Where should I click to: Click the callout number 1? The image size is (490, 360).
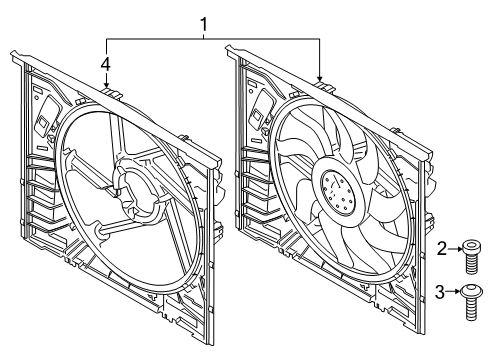click(204, 25)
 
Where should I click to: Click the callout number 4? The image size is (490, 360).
click(106, 64)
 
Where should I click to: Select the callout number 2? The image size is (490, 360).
click(442, 249)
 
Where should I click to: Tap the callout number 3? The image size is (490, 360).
click(440, 292)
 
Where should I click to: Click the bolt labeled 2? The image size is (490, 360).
click(470, 258)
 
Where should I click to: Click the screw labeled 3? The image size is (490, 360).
click(470, 302)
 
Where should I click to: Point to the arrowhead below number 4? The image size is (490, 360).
click(106, 85)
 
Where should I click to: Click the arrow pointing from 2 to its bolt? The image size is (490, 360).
click(455, 249)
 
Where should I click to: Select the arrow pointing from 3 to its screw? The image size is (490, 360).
click(454, 291)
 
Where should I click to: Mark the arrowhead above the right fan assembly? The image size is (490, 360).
click(320, 78)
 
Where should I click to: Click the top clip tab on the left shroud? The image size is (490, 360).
click(112, 92)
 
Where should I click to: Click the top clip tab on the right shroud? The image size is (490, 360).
click(325, 86)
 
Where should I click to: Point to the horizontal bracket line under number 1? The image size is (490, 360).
click(213, 39)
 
